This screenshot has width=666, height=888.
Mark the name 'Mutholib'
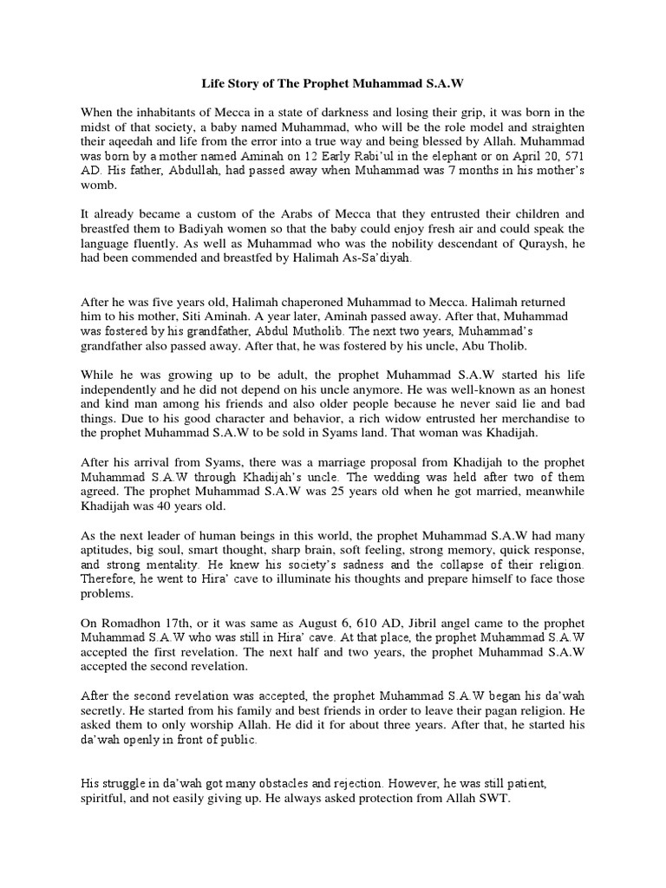pyautogui.click(x=325, y=331)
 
